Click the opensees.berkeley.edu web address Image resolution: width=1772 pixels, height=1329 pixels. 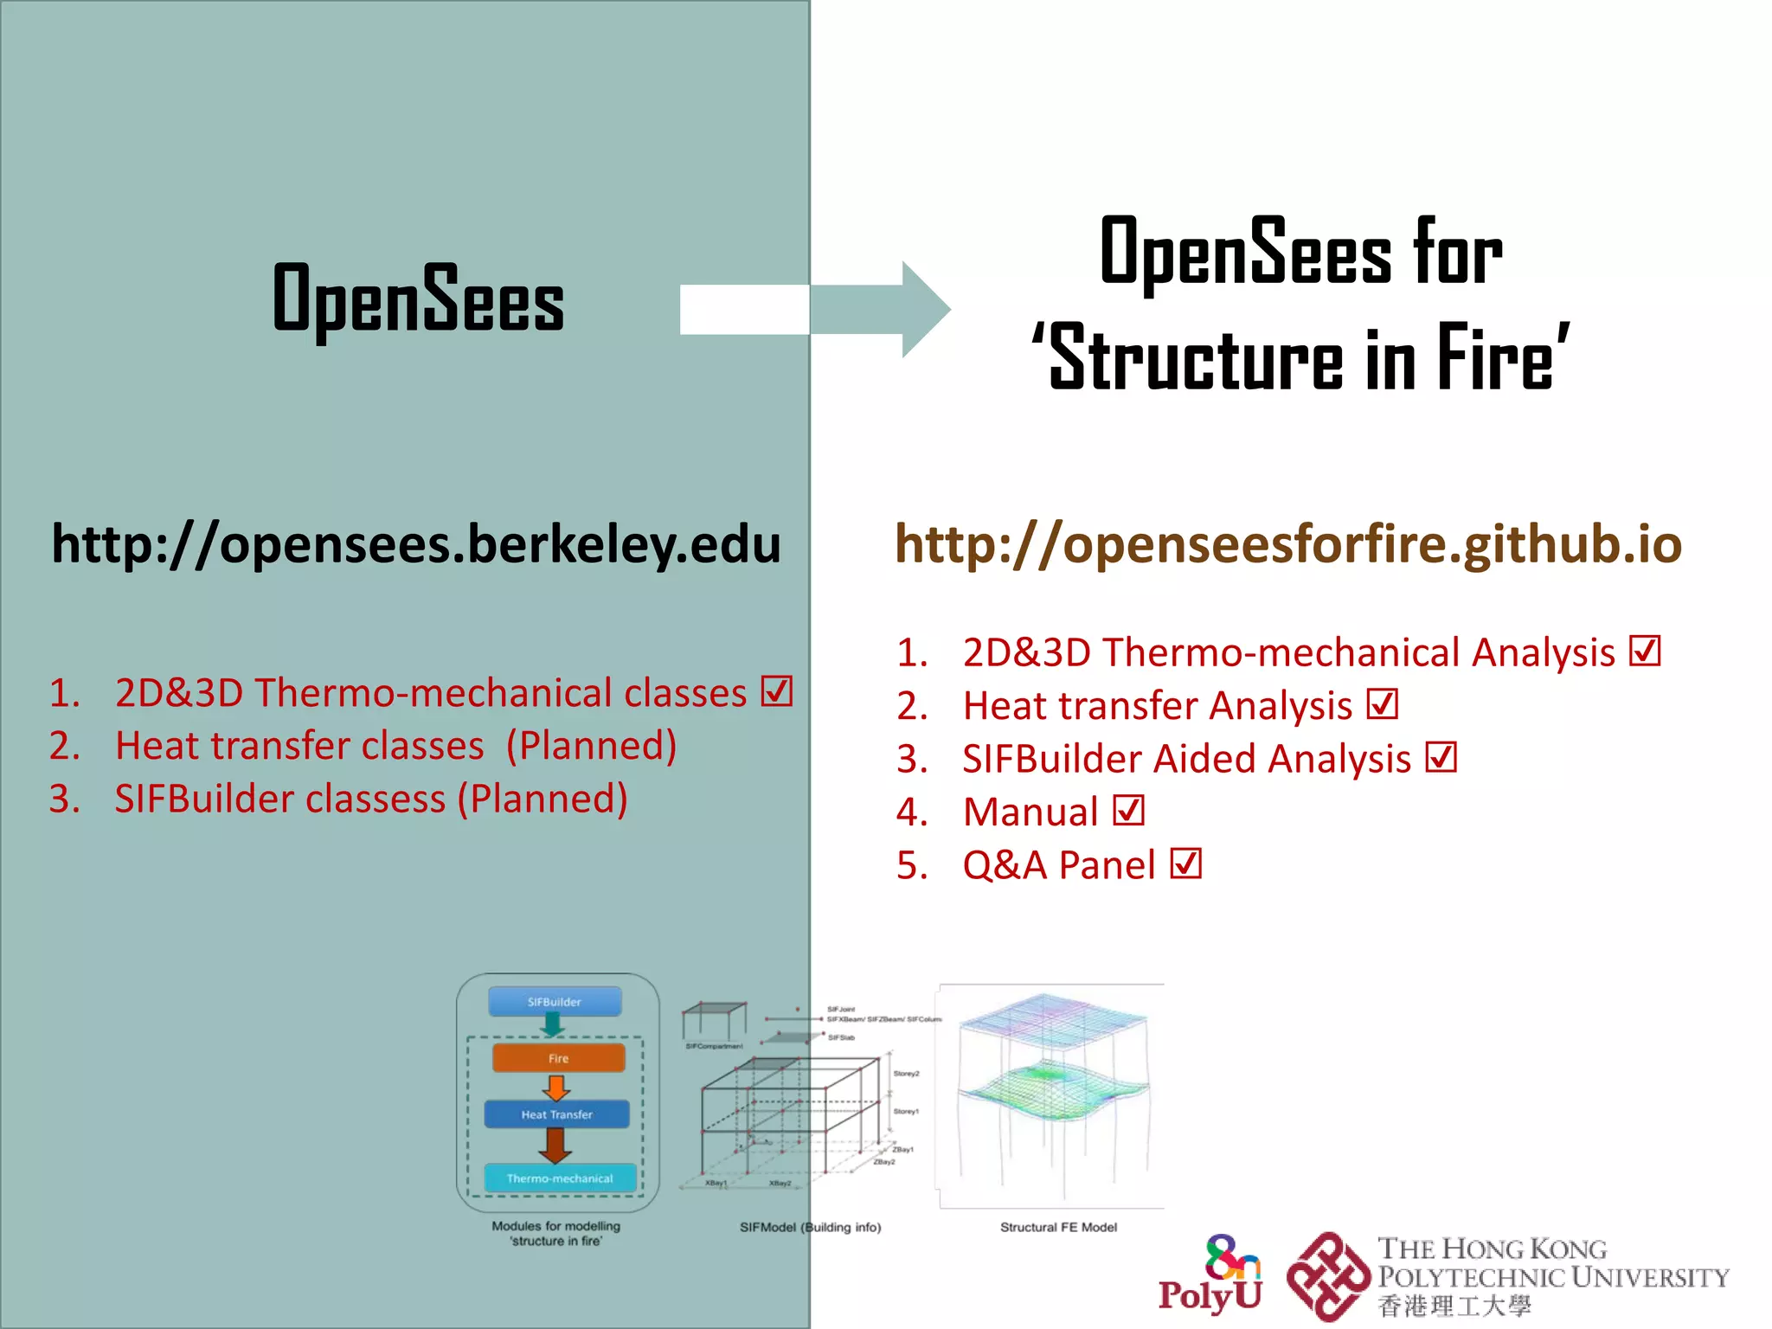[415, 545]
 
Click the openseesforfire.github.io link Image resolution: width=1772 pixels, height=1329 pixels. [1287, 545]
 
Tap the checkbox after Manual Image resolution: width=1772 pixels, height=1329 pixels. [1128, 812]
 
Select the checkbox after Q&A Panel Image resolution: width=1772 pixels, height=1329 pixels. [1185, 864]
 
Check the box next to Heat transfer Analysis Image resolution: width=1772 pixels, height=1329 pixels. [1383, 704]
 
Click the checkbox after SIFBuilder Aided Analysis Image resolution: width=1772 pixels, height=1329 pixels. [1441, 758]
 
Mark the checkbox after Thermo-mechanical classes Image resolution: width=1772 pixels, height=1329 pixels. [777, 691]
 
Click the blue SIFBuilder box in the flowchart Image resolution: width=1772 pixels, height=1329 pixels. [555, 1002]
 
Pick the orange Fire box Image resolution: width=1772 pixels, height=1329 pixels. [558, 1058]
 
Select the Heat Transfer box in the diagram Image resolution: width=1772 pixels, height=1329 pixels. [556, 1114]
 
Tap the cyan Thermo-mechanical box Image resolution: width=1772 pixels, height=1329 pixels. [560, 1178]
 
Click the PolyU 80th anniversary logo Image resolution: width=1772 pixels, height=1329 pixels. [1211, 1274]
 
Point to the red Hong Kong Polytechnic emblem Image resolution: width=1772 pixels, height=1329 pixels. [1328, 1277]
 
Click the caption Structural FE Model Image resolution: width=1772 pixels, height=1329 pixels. [1058, 1227]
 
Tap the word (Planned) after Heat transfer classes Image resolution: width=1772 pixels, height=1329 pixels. [591, 746]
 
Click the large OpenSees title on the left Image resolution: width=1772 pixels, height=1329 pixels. [418, 299]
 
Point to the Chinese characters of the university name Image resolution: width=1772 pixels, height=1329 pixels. [1454, 1306]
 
